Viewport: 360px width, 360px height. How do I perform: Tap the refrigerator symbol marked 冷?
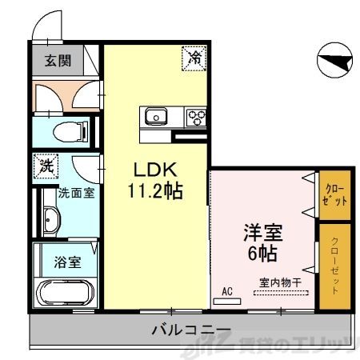click(194, 57)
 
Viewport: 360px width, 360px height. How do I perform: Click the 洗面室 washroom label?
click(77, 193)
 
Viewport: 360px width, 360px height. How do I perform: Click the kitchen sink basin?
click(155, 118)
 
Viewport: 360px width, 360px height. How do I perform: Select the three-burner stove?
click(196, 118)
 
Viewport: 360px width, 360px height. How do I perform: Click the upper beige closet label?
click(335, 195)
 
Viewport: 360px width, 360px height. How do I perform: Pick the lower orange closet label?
click(335, 267)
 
